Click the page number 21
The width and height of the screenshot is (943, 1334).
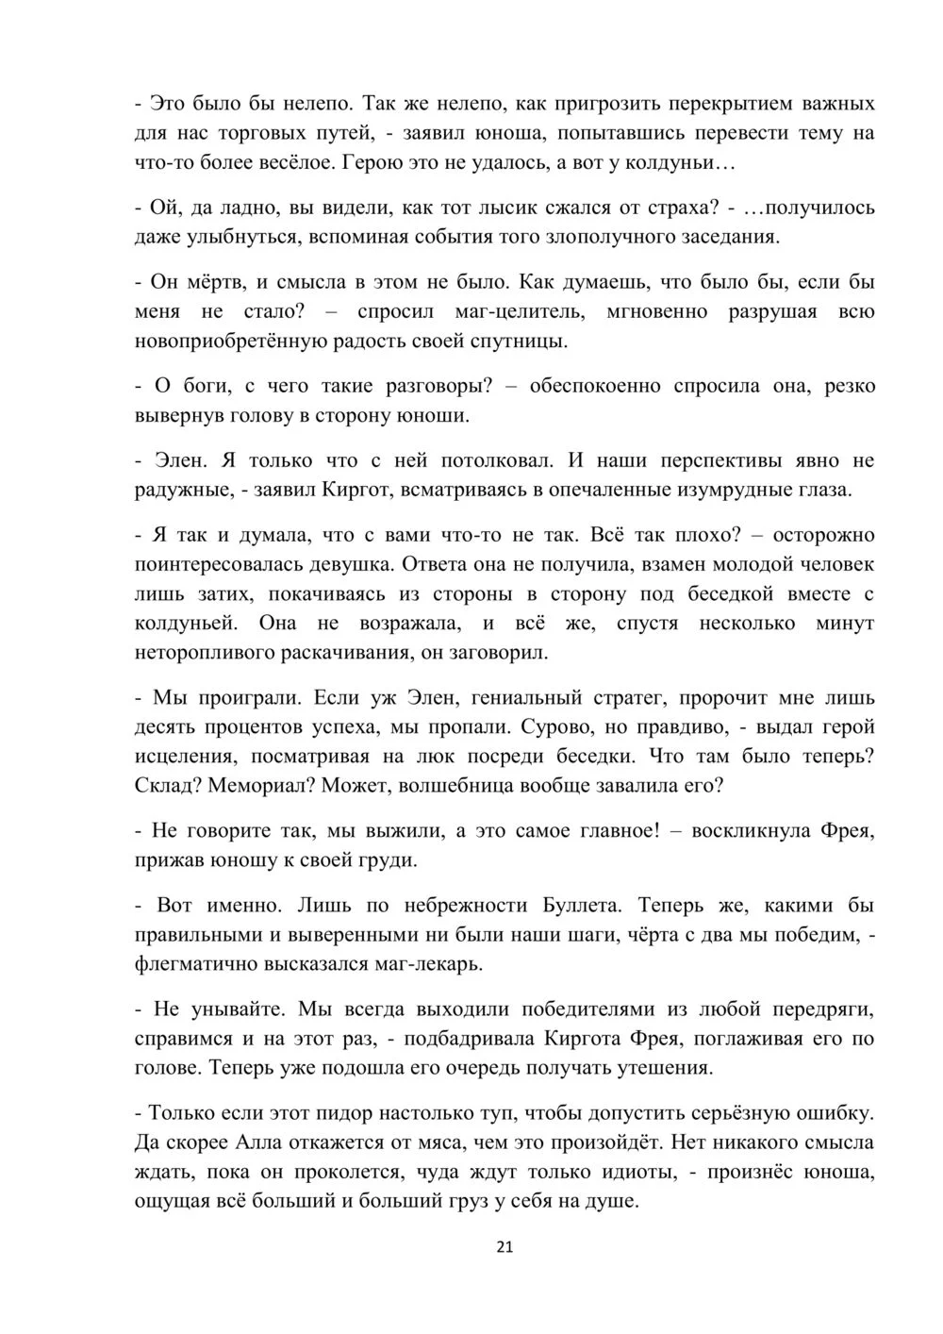pyautogui.click(x=505, y=1246)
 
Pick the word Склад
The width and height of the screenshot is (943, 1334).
pyautogui.click(x=167, y=785)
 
